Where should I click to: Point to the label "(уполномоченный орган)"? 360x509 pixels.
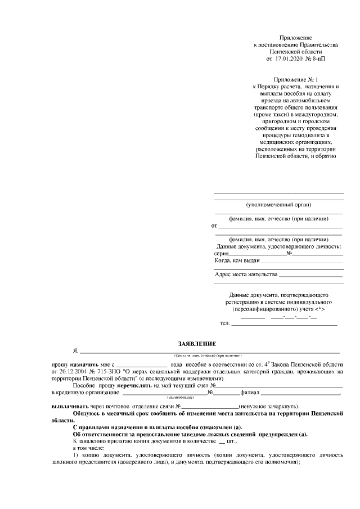278,204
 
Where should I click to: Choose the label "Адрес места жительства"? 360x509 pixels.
246,274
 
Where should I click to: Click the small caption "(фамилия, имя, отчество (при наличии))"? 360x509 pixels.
208,356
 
